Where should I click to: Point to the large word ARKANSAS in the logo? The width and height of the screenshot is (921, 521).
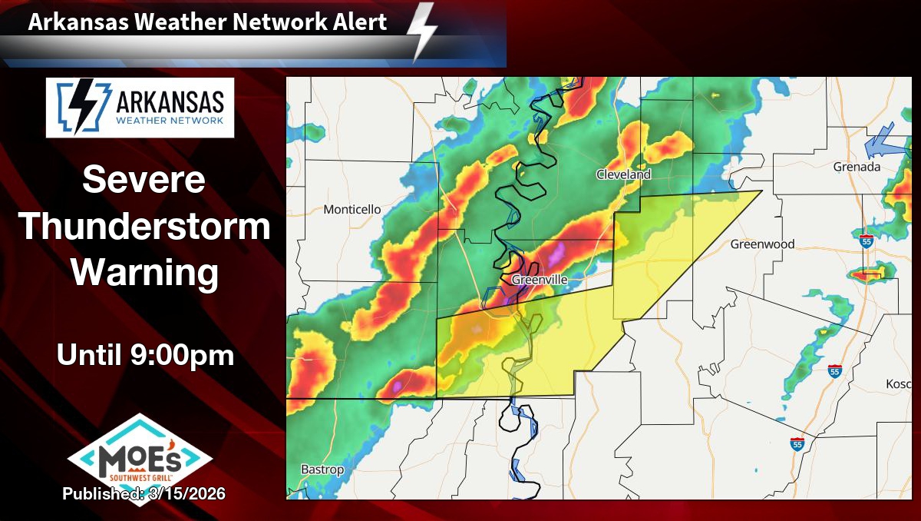pyautogui.click(x=170, y=101)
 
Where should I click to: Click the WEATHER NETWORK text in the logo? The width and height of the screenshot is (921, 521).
pyautogui.click(x=170, y=121)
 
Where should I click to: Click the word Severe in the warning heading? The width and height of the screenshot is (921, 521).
pyautogui.click(x=144, y=181)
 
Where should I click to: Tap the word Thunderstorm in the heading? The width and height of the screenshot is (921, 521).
pyautogui.click(x=144, y=227)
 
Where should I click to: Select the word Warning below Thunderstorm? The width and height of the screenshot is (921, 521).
pyautogui.click(x=144, y=274)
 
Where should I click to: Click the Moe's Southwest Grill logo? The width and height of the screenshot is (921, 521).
pyautogui.click(x=140, y=459)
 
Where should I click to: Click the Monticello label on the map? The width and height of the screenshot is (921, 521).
pyautogui.click(x=352, y=209)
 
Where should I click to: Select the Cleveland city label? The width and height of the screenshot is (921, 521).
pyautogui.click(x=623, y=174)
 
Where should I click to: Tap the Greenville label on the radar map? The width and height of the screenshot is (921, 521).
pyautogui.click(x=539, y=280)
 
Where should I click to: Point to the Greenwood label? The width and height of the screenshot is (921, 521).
pyautogui.click(x=762, y=244)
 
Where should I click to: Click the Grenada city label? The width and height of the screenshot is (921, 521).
pyautogui.click(x=857, y=167)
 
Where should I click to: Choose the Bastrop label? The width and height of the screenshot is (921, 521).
pyautogui.click(x=322, y=470)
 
